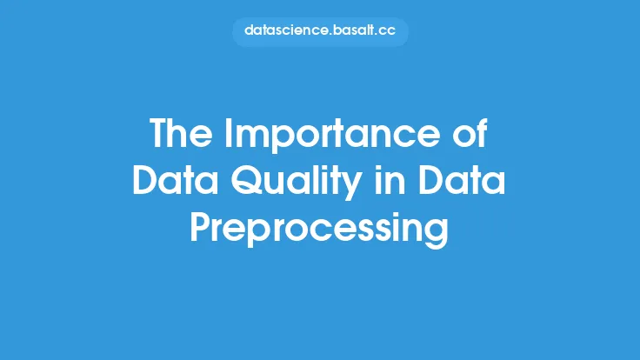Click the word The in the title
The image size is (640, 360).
181,133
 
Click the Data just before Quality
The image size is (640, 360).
176,180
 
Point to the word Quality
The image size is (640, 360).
297,183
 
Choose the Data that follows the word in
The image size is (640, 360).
462,180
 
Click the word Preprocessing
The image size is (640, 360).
320,230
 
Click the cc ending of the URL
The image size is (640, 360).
387,32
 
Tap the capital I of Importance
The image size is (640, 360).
228,133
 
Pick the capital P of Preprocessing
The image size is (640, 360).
200,227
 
